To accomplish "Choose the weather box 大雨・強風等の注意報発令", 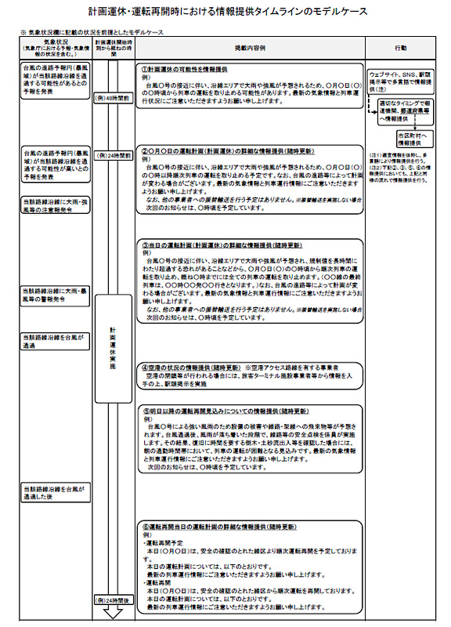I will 56,205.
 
